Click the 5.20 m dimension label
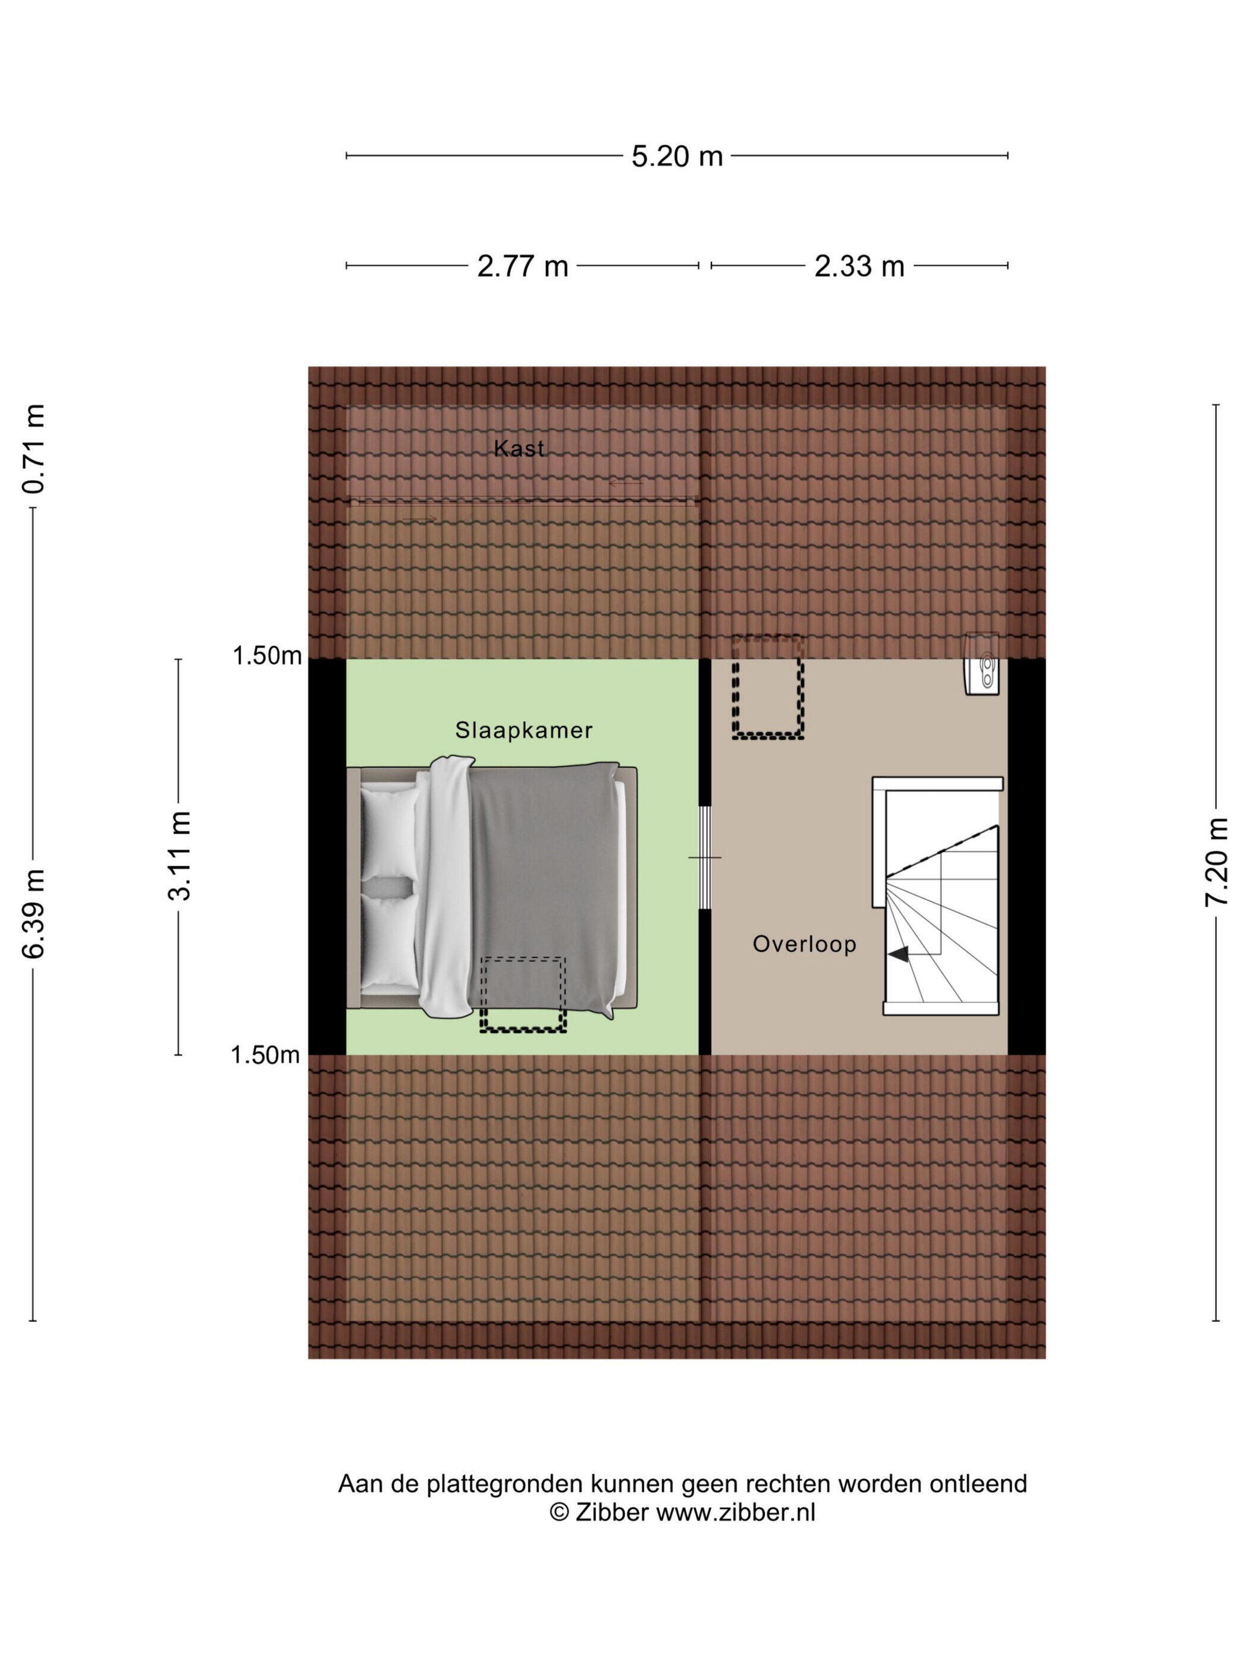pyautogui.click(x=676, y=156)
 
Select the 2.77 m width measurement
pyautogui.click(x=522, y=266)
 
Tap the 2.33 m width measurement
pyautogui.click(x=858, y=266)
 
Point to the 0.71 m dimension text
pyautogui.click(x=34, y=449)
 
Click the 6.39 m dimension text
pyautogui.click(x=34, y=913)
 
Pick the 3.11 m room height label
pyautogui.click(x=179, y=856)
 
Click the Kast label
pyautogui.click(x=518, y=448)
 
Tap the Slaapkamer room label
pyautogui.click(x=523, y=730)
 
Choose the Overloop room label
pyautogui.click(x=804, y=944)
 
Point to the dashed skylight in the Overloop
pyautogui.click(x=767, y=686)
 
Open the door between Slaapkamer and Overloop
pyautogui.click(x=705, y=857)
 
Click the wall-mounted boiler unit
pyautogui.click(x=983, y=663)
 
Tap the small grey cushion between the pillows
pyautogui.click(x=388, y=886)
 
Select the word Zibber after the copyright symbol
pyautogui.click(x=611, y=1512)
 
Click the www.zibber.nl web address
pyautogui.click(x=736, y=1512)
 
